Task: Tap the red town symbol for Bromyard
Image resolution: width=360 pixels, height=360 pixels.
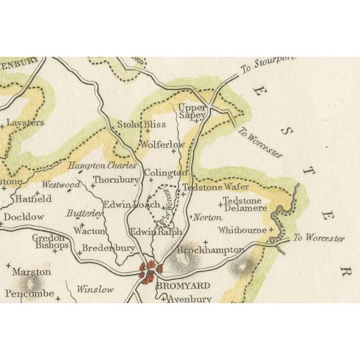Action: [150, 270]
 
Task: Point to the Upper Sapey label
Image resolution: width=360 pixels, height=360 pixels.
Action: [192, 111]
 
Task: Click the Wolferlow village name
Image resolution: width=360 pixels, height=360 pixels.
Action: [162, 145]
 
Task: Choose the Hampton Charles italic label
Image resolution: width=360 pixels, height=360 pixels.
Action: [102, 166]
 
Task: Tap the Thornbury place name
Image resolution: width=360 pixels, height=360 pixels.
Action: [116, 180]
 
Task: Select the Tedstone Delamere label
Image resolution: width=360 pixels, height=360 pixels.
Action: [245, 204]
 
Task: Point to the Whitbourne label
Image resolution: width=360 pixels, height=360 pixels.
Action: [242, 230]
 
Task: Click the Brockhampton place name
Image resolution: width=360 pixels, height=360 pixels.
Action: [211, 249]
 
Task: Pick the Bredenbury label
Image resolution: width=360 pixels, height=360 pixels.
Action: [109, 247]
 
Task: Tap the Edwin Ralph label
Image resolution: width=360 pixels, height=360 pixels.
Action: [156, 231]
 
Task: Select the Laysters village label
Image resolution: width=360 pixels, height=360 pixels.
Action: [25, 122]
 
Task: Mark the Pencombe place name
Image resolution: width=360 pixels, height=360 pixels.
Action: [30, 293]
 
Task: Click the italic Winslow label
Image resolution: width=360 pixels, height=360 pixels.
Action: [94, 289]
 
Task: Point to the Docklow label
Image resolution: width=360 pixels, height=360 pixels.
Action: [24, 217]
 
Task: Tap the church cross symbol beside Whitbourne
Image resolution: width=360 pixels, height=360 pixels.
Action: [271, 230]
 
